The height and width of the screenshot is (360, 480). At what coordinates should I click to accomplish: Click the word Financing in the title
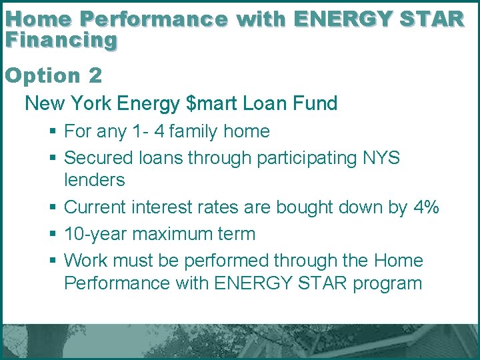[61, 40]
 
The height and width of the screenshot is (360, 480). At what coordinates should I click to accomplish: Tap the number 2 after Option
[95, 75]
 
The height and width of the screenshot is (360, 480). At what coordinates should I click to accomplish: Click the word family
[195, 131]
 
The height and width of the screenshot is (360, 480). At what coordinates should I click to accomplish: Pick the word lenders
[94, 179]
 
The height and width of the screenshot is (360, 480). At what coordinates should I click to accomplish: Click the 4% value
[426, 207]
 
